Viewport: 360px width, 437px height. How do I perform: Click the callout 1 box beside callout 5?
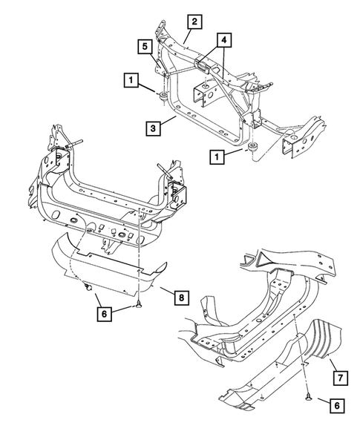click(x=131, y=78)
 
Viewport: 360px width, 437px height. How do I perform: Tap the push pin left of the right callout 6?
click(x=307, y=399)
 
